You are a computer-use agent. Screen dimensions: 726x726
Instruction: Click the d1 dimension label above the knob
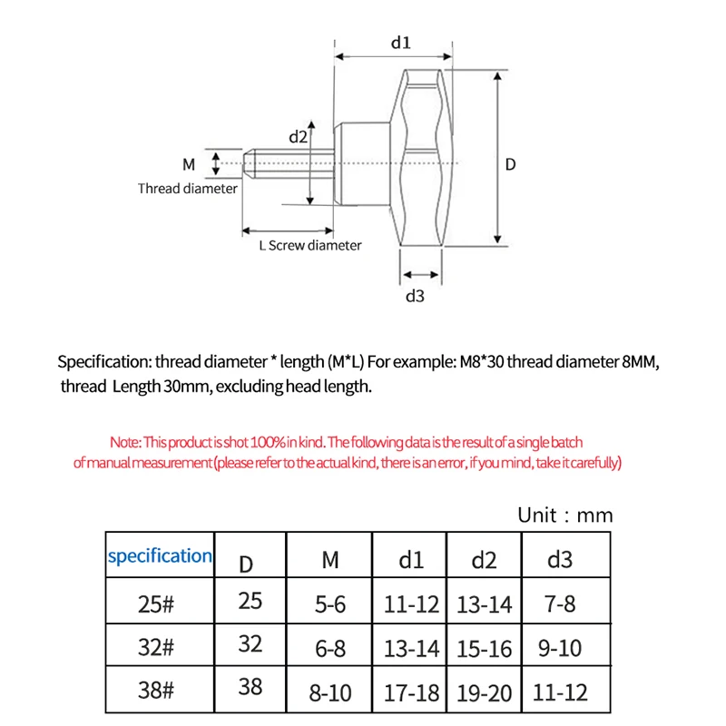click(401, 42)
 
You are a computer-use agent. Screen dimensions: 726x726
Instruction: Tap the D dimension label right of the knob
click(510, 165)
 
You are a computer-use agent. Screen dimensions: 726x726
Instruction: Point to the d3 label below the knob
click(415, 296)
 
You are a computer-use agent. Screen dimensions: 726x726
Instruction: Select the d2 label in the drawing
click(299, 137)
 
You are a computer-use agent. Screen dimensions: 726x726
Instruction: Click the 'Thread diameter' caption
click(188, 189)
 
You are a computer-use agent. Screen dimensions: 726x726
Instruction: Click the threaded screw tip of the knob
click(263, 164)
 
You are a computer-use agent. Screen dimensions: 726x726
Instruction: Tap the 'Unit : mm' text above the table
click(564, 515)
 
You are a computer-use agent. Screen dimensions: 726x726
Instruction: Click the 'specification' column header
click(160, 555)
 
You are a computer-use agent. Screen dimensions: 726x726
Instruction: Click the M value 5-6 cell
click(330, 603)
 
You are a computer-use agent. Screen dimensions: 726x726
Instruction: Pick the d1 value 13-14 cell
click(411, 648)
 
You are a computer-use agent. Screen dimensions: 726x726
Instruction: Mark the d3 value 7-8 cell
click(559, 603)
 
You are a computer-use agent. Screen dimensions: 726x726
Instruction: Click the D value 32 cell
click(250, 644)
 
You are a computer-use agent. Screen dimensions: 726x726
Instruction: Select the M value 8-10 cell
click(330, 693)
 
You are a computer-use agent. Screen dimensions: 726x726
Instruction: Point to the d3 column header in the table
click(559, 559)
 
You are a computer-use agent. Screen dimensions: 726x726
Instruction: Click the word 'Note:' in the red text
click(125, 443)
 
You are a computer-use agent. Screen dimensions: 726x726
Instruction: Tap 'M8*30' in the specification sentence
click(476, 362)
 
